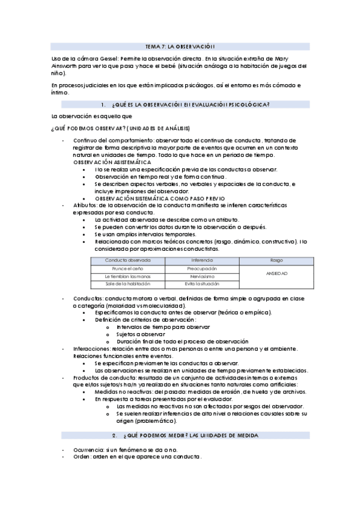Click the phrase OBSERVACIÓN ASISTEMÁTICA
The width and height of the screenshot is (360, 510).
(112, 162)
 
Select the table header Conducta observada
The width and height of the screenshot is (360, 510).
(127, 260)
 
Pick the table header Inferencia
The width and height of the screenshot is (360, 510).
(202, 260)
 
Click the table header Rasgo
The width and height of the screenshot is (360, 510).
(276, 260)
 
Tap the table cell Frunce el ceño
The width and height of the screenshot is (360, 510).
(127, 268)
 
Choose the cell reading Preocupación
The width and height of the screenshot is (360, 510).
(202, 268)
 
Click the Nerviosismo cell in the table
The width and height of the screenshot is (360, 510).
(202, 275)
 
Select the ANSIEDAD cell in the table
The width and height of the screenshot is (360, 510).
(276, 272)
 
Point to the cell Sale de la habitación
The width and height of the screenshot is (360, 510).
(127, 283)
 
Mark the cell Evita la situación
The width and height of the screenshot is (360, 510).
(202, 283)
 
